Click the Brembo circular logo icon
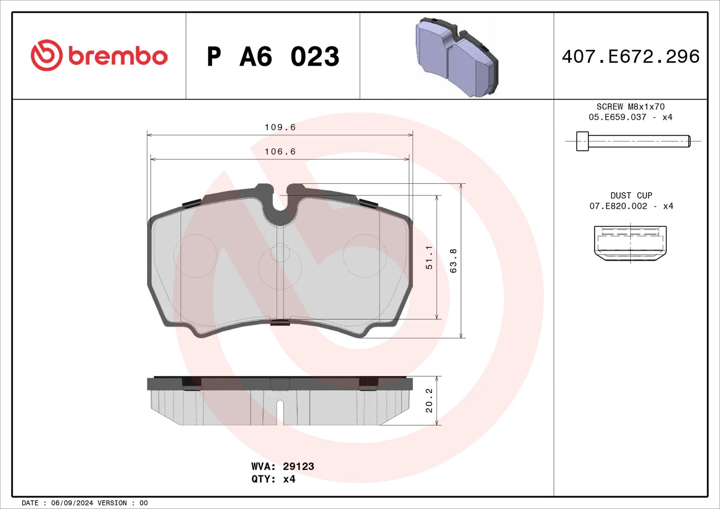coord(46,55)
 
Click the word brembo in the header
coord(118,56)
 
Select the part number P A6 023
coord(273,57)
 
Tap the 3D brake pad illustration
coord(456,57)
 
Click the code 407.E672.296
coord(630,57)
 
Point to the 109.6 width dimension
coord(280,127)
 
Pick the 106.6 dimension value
coord(280,152)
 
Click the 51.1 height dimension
coord(429,257)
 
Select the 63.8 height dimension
coord(453,260)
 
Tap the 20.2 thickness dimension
coord(429,400)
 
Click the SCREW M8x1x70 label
coord(630,107)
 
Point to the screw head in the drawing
coord(582,141)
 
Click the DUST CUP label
coord(631,196)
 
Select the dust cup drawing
coord(630,243)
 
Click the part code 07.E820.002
coord(618,206)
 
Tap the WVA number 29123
coord(298,467)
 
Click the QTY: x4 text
coord(273,479)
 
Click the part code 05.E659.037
coord(617,117)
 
